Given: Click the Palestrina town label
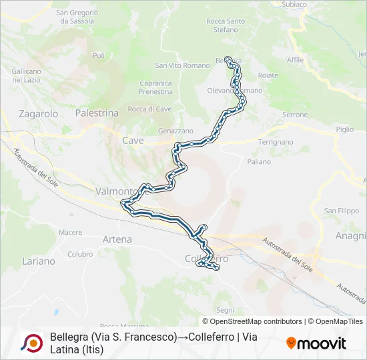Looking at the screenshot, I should tap(97, 113).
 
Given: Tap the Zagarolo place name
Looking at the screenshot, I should tap(39, 114).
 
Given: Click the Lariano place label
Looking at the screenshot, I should tap(39, 261).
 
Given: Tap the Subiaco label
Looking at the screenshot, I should tap(294, 4).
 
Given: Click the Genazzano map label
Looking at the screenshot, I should tap(175, 131).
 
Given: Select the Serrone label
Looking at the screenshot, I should tap(295, 115).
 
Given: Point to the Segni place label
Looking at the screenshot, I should tap(226, 310).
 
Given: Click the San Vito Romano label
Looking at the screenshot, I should tap(182, 65).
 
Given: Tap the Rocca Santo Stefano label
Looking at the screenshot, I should tap(226, 25).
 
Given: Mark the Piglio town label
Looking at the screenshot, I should tap(345, 129).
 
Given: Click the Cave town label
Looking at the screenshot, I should tap(133, 141).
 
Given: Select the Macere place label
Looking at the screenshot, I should tap(70, 233).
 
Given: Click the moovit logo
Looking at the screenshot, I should tap(316, 343).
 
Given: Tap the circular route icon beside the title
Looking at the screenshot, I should tap(31, 343).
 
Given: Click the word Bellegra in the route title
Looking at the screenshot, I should tap(69, 337).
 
